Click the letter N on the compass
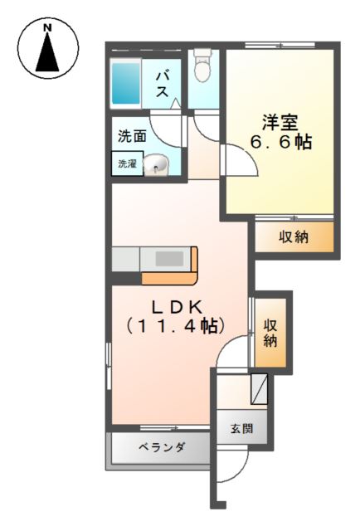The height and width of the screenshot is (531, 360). pos(48,27)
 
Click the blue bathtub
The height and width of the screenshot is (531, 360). pos(125,83)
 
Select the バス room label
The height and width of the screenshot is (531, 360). pos(163,85)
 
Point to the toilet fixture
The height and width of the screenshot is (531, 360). pos(202,66)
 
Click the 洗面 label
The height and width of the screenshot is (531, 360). pos(132,136)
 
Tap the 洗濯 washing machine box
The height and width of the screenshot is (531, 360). pos(128,163)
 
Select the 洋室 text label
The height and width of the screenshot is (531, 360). pos(280,123)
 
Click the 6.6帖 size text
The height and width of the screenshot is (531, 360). pos(280,142)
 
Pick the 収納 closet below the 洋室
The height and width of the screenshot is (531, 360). pos(294,236)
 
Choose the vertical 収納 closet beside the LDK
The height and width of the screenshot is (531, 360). pos(270,333)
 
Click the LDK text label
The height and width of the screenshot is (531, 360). pos(178,307)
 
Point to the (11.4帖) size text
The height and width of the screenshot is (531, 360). pos(175,326)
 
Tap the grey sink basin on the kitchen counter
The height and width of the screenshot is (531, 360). pos(169,259)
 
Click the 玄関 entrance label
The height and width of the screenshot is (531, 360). pos(242,429)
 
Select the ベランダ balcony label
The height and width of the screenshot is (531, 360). pos(162,447)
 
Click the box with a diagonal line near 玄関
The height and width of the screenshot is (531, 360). pos(259,389)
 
